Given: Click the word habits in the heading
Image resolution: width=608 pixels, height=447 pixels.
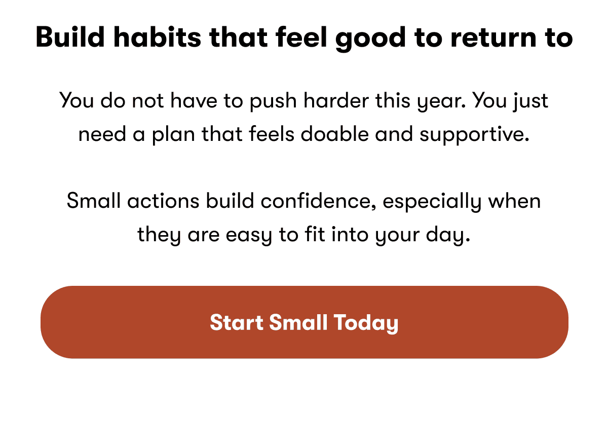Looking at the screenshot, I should coord(154,38).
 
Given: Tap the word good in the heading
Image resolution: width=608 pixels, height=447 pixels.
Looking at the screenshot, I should coord(371,38).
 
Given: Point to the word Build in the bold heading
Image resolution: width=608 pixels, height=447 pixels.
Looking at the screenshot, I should coord(66,38).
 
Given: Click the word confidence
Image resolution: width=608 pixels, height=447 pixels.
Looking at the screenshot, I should coord(319,201).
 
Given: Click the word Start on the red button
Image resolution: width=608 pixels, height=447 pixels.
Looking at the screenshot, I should coord(236,323).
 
